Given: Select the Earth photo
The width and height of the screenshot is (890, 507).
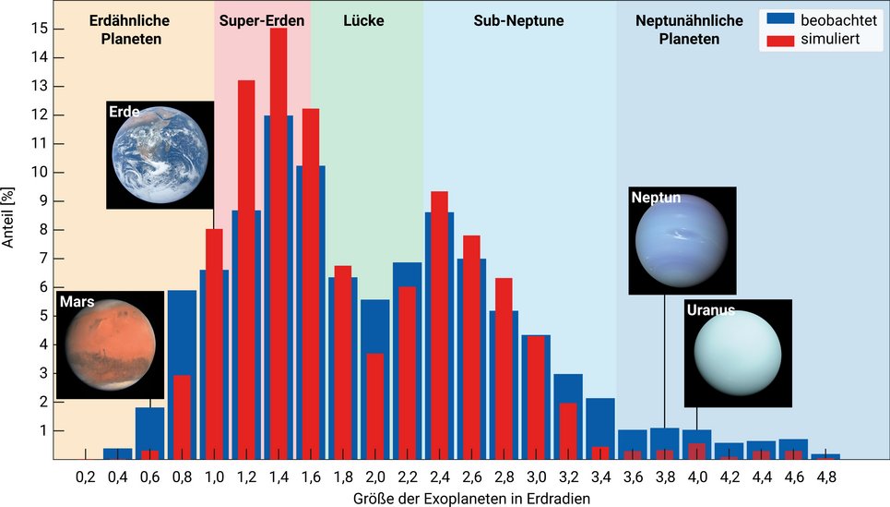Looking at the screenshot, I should coord(160,155).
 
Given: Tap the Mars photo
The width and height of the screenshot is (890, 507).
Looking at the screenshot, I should coord(110,344).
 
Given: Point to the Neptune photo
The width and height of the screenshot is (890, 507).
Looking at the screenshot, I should coord(682,240).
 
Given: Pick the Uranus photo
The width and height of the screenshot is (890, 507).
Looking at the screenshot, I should coord(737,353).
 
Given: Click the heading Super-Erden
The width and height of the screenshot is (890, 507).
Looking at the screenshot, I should coord(262,19).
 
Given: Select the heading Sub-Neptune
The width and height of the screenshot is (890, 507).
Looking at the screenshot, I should coord(518,19).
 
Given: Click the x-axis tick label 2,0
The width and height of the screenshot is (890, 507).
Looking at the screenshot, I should coord(374,477).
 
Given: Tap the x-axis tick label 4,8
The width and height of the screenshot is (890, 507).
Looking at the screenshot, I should coord(825,477).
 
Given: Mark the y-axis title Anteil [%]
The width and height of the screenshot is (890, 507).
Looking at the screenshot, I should coord(9,230).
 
